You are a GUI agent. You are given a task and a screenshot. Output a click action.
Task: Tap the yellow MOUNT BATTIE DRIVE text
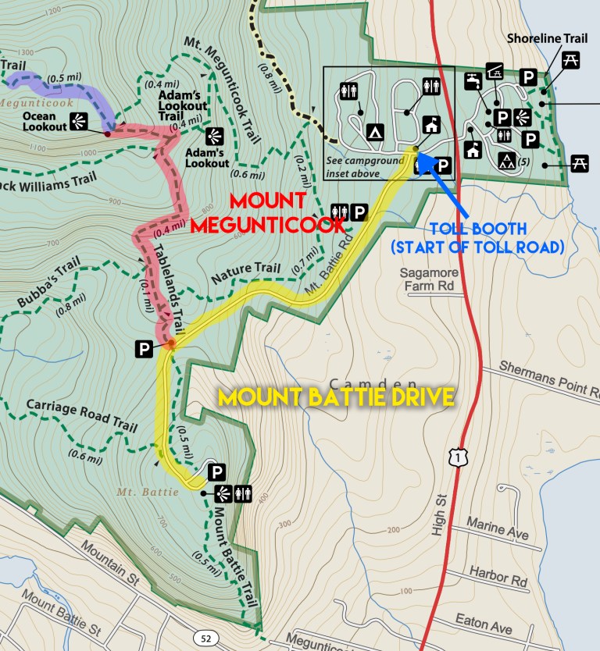click(337, 397)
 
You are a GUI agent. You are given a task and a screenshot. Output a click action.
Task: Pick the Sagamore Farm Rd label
click(431, 279)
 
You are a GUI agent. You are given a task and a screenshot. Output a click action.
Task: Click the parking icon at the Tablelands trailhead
click(143, 349)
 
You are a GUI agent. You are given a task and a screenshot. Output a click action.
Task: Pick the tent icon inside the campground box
click(375, 132)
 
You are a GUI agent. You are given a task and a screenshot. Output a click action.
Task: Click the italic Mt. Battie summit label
click(138, 492)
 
